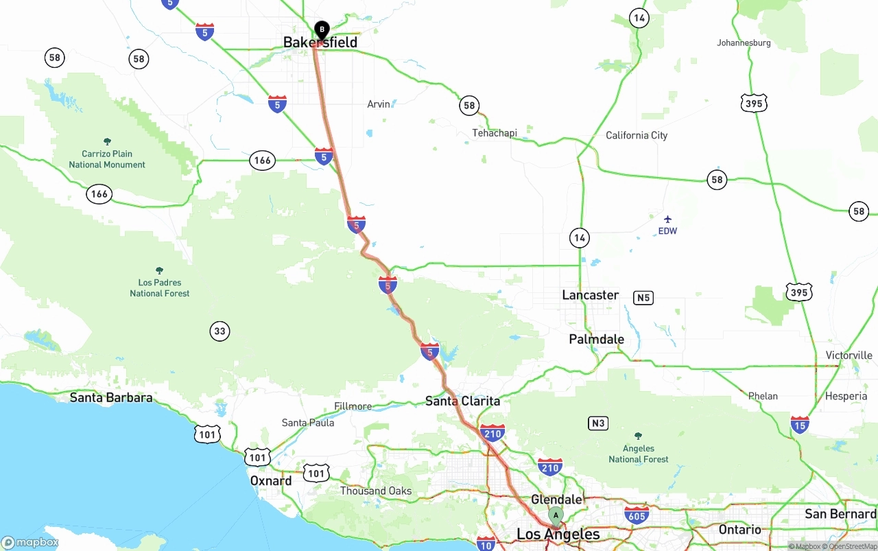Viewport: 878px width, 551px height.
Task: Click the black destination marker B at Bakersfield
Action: click(322, 30)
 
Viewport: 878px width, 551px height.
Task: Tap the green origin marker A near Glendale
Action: click(556, 515)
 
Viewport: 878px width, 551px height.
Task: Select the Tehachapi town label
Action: click(494, 132)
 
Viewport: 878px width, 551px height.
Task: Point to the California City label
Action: click(636, 135)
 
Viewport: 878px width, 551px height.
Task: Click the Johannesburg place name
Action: click(744, 43)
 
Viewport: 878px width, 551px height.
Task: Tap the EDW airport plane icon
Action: click(667, 219)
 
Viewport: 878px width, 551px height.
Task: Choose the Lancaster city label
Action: click(590, 295)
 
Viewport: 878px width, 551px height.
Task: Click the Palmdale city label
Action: click(596, 339)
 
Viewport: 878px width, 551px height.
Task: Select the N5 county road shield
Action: click(643, 298)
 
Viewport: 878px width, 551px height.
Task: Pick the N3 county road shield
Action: click(598, 423)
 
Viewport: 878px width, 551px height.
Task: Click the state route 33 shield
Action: click(219, 331)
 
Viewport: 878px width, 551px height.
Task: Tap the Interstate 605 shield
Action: click(637, 515)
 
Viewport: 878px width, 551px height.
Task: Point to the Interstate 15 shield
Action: click(799, 424)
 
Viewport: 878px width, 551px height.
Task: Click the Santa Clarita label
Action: click(462, 401)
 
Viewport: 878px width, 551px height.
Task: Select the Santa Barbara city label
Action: click(111, 397)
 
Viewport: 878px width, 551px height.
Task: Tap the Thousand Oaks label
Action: click(376, 491)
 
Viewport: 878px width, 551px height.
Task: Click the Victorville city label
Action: click(849, 355)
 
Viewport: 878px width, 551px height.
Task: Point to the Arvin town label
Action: click(379, 104)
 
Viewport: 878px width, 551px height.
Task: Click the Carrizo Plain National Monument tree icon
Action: click(107, 141)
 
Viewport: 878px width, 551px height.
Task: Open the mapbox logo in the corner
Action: click(30, 542)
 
